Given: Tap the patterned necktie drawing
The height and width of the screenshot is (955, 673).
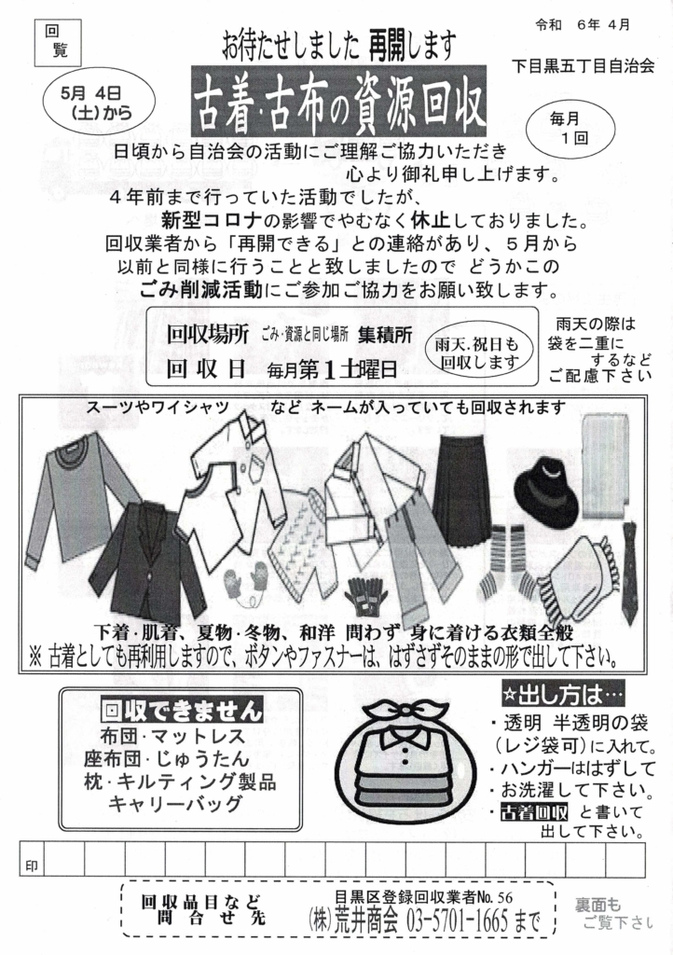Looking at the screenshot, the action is (628, 574).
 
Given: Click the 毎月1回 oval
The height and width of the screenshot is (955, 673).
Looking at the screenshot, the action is (570, 129).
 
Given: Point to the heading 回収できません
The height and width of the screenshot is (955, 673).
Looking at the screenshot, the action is (182, 710).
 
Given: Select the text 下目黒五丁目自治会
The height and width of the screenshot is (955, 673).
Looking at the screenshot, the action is (583, 66).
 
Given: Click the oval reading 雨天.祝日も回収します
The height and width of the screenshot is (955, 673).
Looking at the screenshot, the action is (476, 353).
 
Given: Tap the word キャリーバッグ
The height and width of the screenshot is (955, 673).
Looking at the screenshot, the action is (175, 804).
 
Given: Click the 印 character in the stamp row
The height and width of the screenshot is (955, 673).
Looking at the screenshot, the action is (31, 865).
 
